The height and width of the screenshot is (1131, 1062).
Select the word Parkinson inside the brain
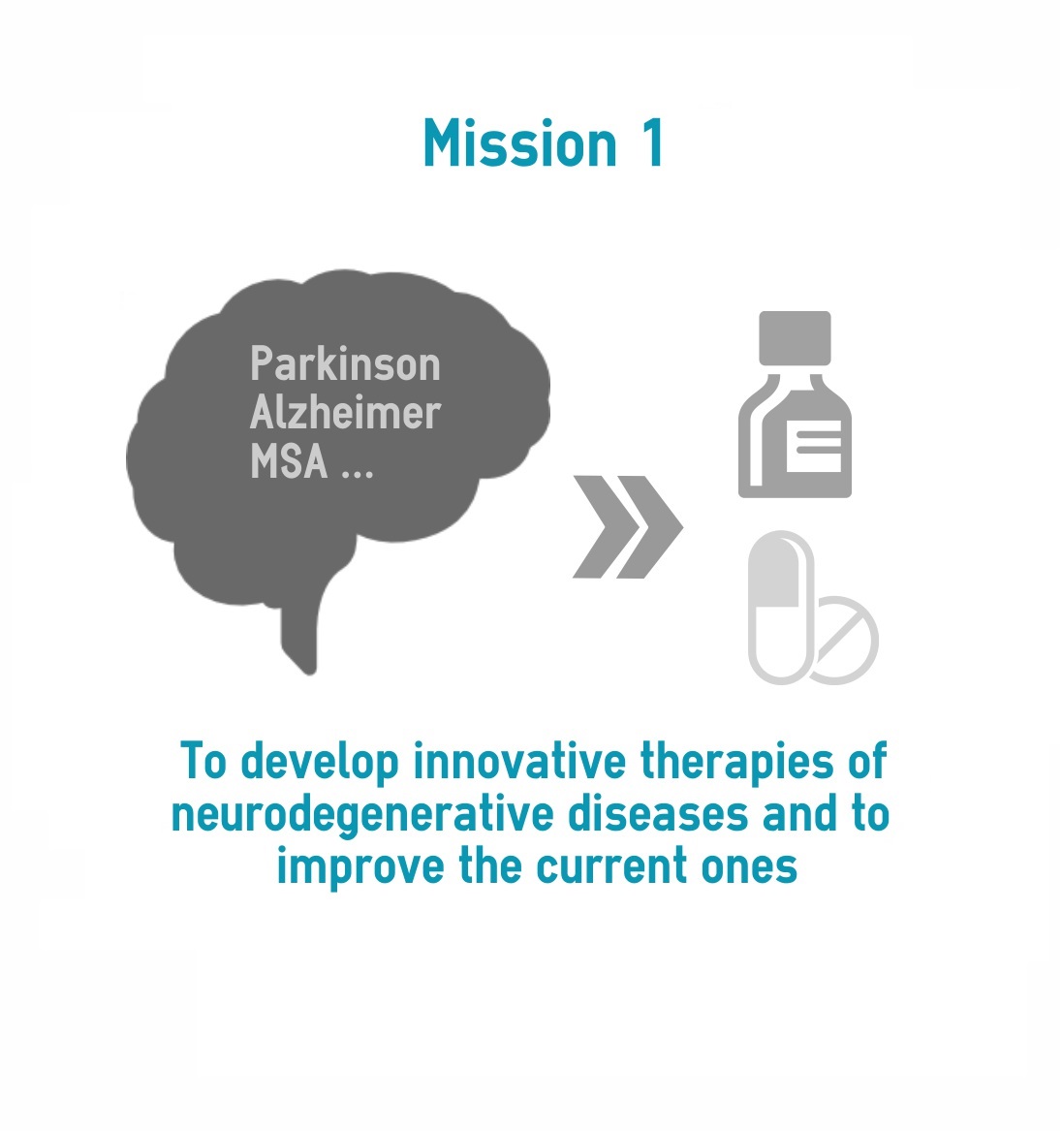click(x=345, y=363)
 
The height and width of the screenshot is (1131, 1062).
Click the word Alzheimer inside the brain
click(x=345, y=412)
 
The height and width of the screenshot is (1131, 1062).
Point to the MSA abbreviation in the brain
click(x=289, y=461)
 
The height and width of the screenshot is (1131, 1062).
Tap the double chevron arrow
click(x=627, y=526)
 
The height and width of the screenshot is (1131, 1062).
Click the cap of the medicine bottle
click(x=795, y=338)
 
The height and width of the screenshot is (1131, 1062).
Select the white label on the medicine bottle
click(x=813, y=446)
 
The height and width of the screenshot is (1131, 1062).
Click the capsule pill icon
click(x=781, y=608)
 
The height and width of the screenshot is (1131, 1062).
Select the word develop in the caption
click(x=320, y=763)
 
